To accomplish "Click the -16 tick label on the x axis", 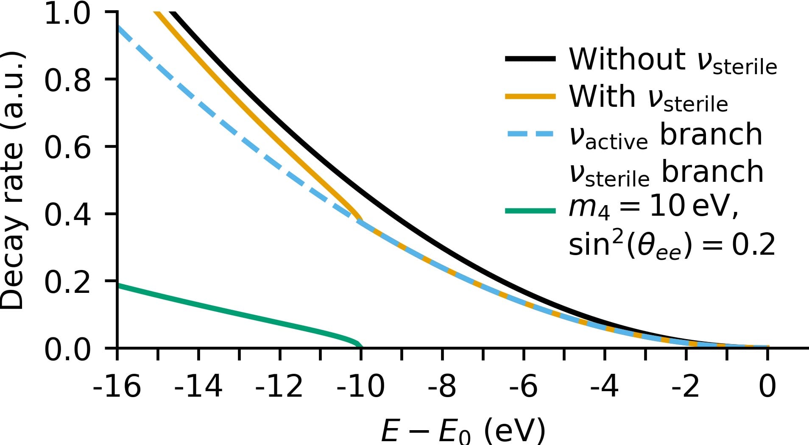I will point(117,387).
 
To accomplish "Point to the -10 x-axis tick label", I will point(360,387).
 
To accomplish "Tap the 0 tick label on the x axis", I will point(767,387).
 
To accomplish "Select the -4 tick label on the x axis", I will point(604,387).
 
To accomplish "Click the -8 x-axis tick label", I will point(442,387).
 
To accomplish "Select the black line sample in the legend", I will point(530,59).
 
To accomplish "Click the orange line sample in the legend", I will point(530,97).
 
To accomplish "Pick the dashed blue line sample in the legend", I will point(530,134).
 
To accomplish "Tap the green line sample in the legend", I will point(530,211).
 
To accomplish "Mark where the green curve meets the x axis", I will point(361,347).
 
